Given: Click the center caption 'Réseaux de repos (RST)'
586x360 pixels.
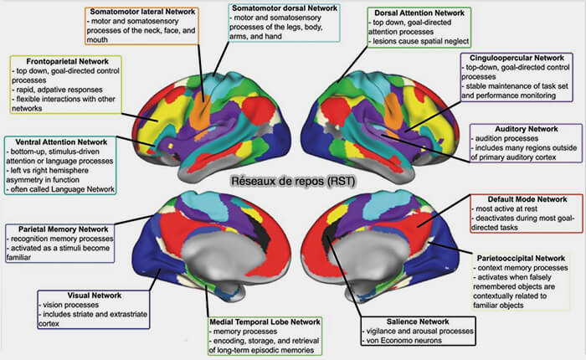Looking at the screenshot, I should point(290,179).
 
